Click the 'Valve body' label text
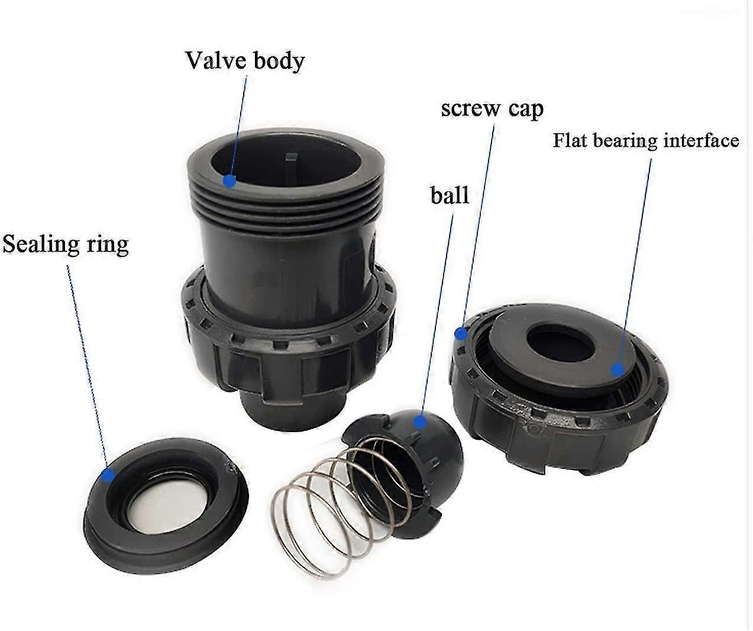click(245, 60)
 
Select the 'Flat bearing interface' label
click(645, 141)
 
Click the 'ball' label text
click(450, 195)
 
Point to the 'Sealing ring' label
click(66, 244)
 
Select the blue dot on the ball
click(419, 421)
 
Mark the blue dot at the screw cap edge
click(461, 334)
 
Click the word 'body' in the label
click(280, 60)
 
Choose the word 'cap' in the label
click(523, 109)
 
